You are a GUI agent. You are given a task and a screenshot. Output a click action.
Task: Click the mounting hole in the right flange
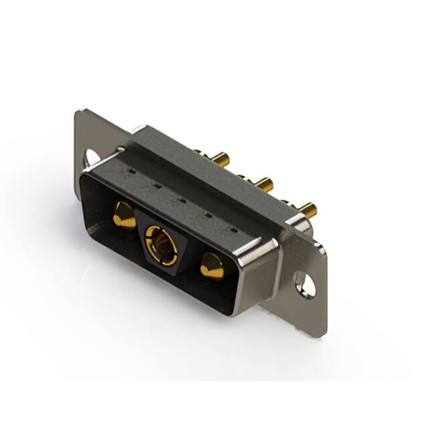(305, 286)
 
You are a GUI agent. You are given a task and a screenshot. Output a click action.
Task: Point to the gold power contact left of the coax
(123, 216)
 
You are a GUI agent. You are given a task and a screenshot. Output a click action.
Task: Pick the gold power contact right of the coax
(212, 265)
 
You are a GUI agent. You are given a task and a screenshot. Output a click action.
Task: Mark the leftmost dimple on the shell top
(132, 171)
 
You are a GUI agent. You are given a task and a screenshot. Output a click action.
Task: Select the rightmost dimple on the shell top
(233, 231)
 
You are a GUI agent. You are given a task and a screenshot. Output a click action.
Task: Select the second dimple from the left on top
(154, 185)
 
